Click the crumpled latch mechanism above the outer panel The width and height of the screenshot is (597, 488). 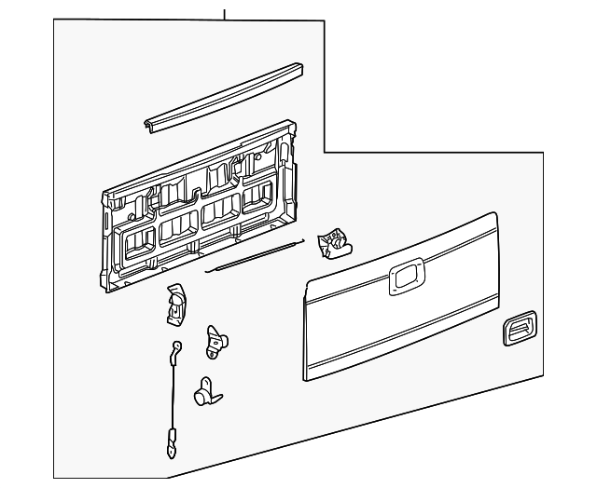(x=333, y=242)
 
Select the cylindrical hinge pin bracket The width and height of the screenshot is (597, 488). (x=205, y=394)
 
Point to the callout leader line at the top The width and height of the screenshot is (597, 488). (x=225, y=11)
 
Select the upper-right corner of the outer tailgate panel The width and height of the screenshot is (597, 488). (x=493, y=218)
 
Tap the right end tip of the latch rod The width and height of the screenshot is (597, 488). (x=302, y=242)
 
